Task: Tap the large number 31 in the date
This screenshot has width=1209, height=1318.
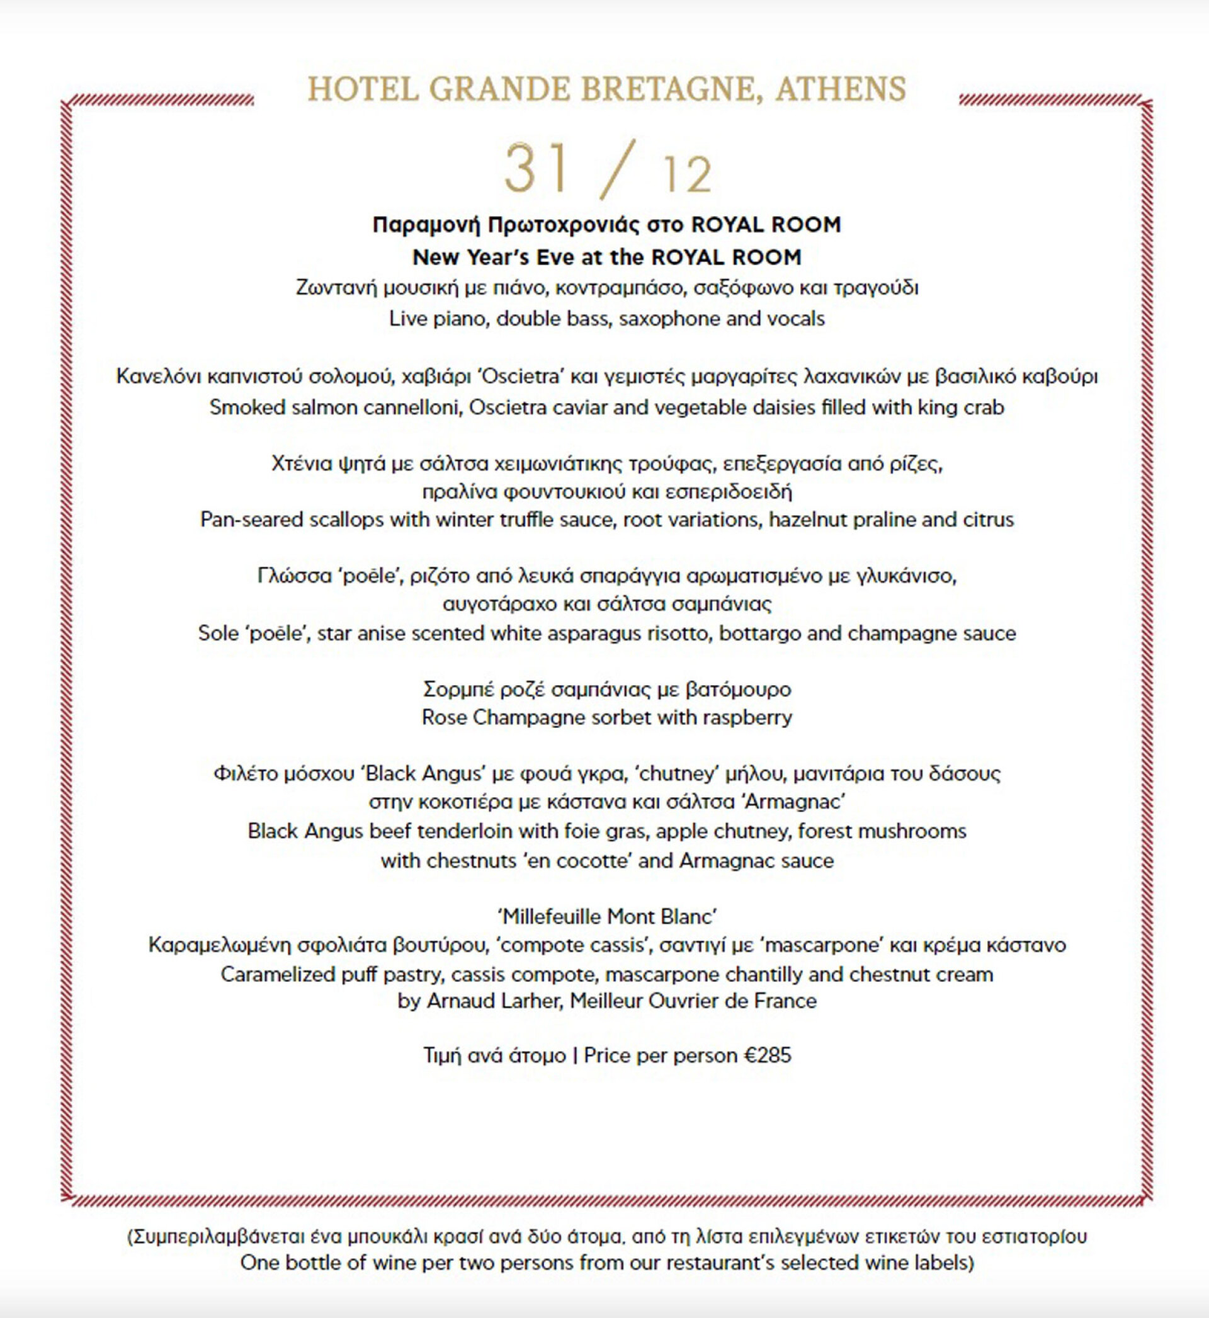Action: point(536,168)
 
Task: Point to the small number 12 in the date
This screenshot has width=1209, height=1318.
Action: point(687,174)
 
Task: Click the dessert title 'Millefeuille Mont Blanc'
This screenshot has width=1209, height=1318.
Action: point(606,916)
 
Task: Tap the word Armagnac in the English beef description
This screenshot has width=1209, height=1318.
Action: point(722,860)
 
